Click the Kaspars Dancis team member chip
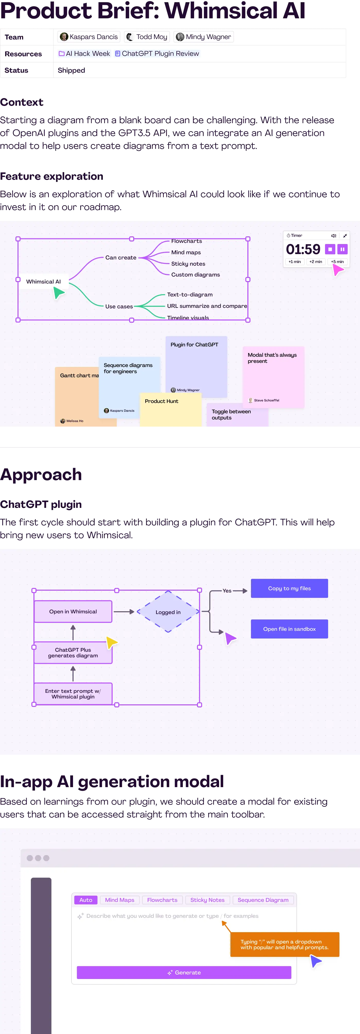89,37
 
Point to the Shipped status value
71,70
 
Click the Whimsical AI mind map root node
43,281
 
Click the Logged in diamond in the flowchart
168,612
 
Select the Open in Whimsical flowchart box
73,611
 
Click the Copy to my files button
289,588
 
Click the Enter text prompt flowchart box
73,694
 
